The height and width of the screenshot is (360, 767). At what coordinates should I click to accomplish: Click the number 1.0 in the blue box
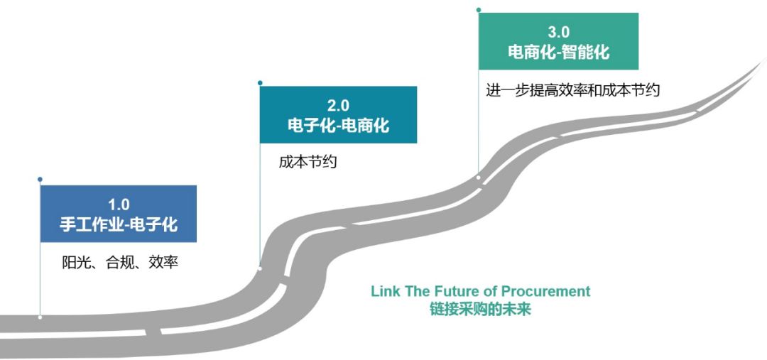[118, 204]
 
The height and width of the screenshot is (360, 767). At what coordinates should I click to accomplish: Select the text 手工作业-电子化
[118, 225]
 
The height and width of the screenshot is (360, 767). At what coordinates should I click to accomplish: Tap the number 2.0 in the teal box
[338, 106]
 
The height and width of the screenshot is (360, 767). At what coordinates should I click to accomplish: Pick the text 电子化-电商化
[338, 126]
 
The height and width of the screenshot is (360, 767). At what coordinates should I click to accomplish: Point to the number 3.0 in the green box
[558, 32]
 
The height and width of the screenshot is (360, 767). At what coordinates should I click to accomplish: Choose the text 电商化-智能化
[558, 52]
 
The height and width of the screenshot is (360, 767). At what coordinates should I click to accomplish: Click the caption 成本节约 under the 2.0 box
[308, 162]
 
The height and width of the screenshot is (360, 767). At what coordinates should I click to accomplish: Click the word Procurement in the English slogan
[545, 291]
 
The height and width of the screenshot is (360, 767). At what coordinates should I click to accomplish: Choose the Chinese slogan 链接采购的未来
[480, 310]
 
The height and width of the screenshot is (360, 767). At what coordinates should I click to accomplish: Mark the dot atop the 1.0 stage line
[40, 179]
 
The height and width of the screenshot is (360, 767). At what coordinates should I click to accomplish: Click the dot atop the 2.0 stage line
[260, 82]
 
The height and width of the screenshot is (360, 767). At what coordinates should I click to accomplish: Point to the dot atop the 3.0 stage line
[479, 9]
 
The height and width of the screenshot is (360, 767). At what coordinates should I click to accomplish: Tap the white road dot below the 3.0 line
[479, 178]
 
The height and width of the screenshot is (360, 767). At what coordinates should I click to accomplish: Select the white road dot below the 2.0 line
[260, 268]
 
